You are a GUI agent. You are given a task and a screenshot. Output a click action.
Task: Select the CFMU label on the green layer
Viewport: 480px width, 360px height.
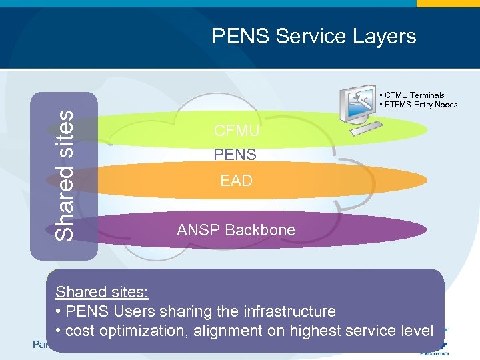tap(237, 131)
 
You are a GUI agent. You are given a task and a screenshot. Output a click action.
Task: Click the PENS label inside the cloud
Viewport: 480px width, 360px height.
tap(235, 155)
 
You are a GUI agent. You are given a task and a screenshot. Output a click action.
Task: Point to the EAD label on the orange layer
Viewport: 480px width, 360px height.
tap(237, 181)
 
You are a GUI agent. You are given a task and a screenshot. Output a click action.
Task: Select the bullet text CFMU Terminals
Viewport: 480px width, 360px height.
tap(414, 95)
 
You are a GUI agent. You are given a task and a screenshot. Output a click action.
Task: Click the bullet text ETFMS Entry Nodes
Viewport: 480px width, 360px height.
tap(421, 105)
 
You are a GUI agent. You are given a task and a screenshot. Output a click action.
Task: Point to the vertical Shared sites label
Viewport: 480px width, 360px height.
tap(64, 175)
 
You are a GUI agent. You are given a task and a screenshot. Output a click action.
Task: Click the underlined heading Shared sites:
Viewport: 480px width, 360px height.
tap(102, 292)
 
